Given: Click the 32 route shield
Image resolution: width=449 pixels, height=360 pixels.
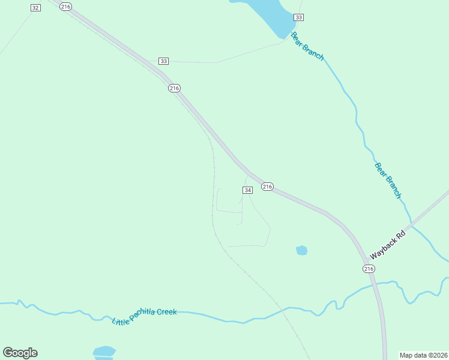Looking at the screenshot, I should click(35, 7).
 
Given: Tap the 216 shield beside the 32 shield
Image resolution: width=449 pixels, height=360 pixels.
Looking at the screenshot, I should click(66, 6).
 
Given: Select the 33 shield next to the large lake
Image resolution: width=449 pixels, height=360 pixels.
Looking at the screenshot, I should click(299, 17).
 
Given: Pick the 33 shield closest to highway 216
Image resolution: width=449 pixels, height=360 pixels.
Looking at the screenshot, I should click(164, 61).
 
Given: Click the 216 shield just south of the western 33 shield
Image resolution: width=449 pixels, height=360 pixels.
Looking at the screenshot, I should click(174, 88).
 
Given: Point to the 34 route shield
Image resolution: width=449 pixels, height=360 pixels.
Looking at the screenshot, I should click(248, 190).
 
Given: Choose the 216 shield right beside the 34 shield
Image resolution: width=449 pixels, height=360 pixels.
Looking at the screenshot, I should click(268, 187).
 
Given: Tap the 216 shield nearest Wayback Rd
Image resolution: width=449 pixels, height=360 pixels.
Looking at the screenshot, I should click(369, 269).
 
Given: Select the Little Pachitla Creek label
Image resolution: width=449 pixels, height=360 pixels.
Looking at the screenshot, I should click(145, 313).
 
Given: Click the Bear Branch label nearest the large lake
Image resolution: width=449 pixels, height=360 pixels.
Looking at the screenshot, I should click(307, 46).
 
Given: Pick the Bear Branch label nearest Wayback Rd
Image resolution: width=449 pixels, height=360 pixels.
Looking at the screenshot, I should click(387, 180).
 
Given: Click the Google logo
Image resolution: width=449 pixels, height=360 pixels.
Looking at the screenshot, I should click(20, 353).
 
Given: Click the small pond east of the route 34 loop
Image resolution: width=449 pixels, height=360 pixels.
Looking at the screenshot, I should click(301, 250).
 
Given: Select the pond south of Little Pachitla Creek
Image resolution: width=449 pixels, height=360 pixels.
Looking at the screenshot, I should click(104, 352).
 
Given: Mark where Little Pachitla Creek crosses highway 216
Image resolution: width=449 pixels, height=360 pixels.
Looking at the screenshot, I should click(376, 284).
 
